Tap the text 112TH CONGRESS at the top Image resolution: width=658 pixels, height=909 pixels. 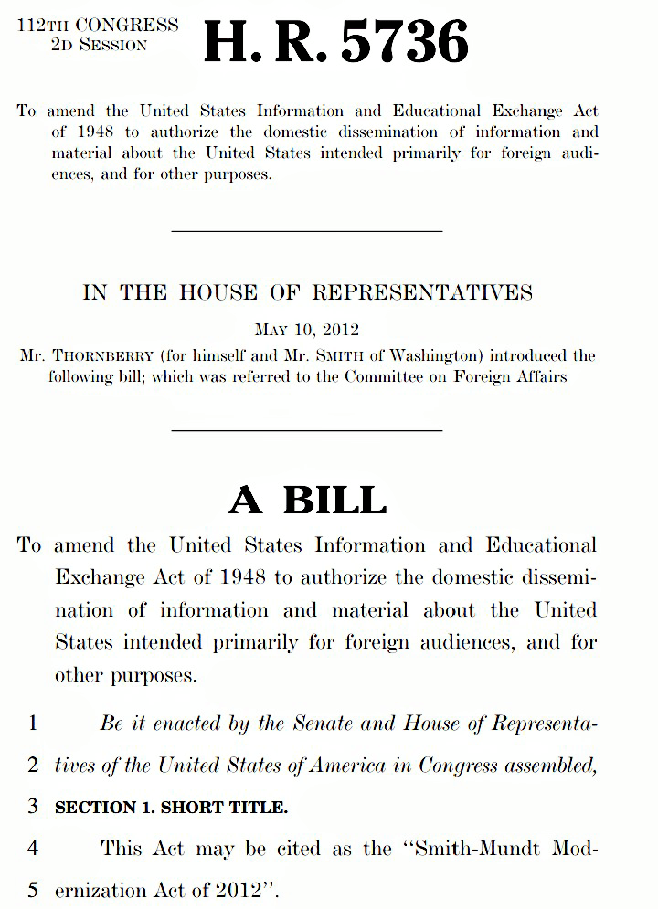click(98, 25)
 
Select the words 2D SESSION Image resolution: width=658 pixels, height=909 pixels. click(99, 44)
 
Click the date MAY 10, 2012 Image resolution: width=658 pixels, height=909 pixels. click(307, 330)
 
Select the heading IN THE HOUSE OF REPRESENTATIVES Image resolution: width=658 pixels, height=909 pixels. click(307, 292)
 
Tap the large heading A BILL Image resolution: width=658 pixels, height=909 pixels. click(307, 500)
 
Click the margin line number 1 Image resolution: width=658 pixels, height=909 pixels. click(33, 724)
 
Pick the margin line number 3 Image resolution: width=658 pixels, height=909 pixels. click(33, 808)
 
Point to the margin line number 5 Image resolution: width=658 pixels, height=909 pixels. click(33, 889)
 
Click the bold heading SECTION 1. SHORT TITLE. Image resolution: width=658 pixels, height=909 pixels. click(171, 808)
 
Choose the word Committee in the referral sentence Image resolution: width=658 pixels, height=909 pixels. click(384, 376)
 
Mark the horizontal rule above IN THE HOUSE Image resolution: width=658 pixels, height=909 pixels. click(307, 231)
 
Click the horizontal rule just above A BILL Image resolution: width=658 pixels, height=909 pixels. click(307, 430)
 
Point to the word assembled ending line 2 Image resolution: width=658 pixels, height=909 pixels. click(551, 766)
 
